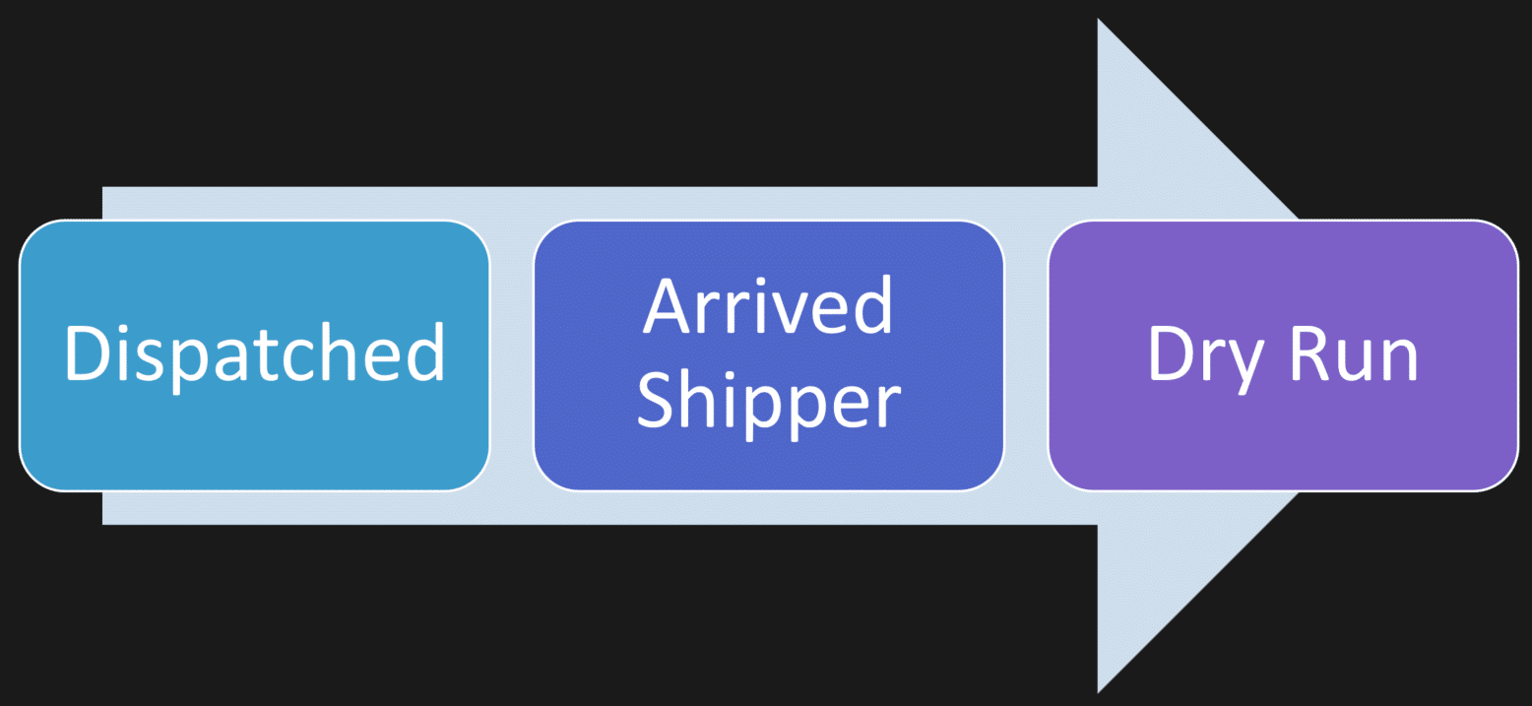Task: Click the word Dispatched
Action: coord(254,354)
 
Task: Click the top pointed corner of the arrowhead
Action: coord(1100,22)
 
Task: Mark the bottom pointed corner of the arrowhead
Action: coord(1100,689)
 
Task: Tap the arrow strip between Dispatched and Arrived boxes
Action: coord(511,354)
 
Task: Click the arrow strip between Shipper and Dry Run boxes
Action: coord(1025,354)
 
